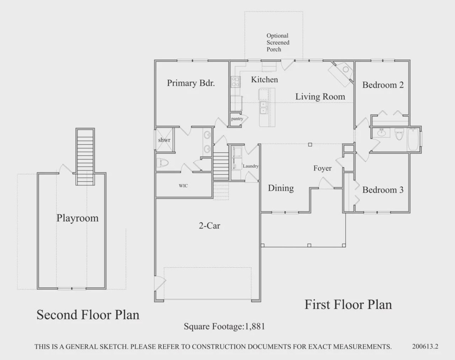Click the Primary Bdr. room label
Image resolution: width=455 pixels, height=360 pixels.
[191, 83]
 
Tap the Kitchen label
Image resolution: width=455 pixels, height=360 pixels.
[264, 80]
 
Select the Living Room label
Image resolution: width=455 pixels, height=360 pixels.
[320, 97]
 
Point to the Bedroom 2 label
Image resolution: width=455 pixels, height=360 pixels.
[383, 85]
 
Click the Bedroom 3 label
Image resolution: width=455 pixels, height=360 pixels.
[383, 190]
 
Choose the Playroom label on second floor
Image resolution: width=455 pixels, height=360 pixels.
[77, 218]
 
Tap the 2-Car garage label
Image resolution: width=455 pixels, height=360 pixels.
[209, 225]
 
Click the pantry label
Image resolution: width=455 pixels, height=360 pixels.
[237, 119]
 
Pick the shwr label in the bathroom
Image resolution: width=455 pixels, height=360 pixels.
[164, 140]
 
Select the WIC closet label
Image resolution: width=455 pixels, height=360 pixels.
[183, 186]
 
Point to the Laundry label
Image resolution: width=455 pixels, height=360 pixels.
[251, 166]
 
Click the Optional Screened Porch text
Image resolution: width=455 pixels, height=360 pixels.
[278, 42]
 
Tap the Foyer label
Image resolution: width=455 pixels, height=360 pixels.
[322, 168]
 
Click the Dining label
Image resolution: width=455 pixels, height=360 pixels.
[281, 188]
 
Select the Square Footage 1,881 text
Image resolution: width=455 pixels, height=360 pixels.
[224, 326]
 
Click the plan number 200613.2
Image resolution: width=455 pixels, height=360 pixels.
[425, 346]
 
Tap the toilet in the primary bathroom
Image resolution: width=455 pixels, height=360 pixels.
[162, 163]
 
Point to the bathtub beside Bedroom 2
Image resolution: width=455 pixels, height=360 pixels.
[413, 140]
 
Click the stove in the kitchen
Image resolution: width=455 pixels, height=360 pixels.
[235, 82]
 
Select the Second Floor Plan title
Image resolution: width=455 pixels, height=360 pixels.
[88, 315]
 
